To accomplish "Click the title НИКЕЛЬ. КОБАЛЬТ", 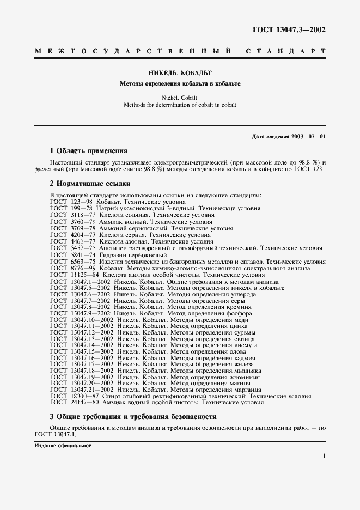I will [180, 72].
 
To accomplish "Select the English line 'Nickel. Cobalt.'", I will [180, 98].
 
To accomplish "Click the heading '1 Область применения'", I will [88, 150].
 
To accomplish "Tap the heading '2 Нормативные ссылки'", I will [90, 184].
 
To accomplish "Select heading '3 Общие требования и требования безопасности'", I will [133, 416].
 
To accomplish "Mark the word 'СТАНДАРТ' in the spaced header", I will [286, 52].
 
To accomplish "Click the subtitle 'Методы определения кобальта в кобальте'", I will [180, 83].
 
